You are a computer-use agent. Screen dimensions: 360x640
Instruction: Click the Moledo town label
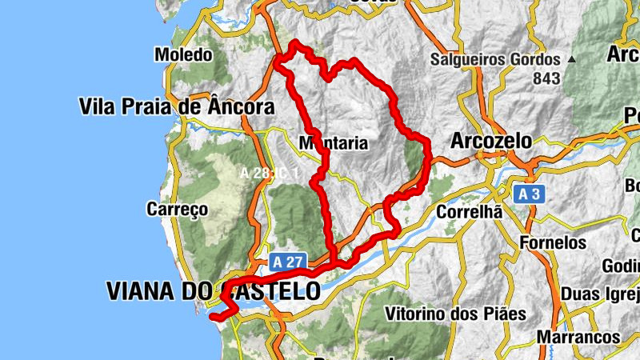[183, 55]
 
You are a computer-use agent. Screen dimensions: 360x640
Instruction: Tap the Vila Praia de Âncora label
[176, 106]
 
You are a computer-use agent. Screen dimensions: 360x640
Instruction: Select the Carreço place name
[177, 210]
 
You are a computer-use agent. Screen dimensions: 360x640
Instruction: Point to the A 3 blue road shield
[529, 194]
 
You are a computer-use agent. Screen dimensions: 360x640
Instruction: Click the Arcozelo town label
[491, 141]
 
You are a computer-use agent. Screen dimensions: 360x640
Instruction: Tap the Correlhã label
[469, 213]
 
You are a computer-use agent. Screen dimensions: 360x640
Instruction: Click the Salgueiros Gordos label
[495, 59]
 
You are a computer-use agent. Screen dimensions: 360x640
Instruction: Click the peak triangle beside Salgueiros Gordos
[571, 60]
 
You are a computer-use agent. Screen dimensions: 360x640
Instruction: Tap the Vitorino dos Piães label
[455, 313]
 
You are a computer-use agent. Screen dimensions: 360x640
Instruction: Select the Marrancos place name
[579, 338]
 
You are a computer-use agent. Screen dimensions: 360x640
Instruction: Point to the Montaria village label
[333, 144]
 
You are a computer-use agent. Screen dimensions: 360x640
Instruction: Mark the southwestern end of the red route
[213, 317]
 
